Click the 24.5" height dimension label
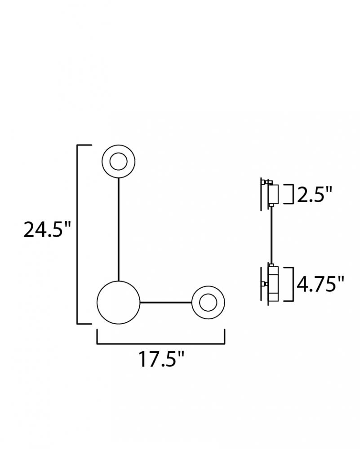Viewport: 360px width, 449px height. coord(47,229)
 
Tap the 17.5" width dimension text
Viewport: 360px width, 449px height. coord(161,359)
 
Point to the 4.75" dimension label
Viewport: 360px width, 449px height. coord(320,284)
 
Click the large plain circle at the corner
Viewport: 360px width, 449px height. coord(119,302)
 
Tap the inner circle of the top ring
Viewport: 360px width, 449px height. coord(118,162)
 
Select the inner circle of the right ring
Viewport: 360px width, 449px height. coord(208,302)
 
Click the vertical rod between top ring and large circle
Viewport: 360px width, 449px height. coord(118,229)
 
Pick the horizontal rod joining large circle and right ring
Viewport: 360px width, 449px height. coord(166,302)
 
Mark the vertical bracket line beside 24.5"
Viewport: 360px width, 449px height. coord(77,234)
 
